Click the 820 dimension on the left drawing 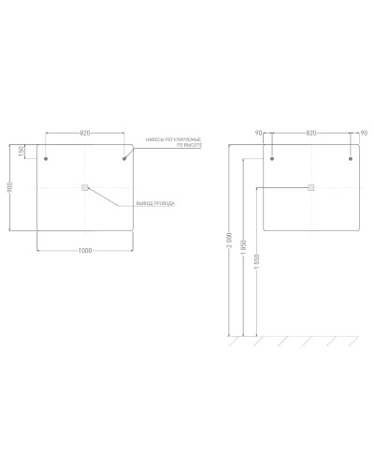[x=84, y=133]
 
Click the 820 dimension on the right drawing [x=311, y=133]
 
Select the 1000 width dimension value [x=84, y=249]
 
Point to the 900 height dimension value [x=8, y=188]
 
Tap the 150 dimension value [x=21, y=152]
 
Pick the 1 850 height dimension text [x=243, y=256]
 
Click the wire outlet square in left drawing [x=84, y=188]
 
